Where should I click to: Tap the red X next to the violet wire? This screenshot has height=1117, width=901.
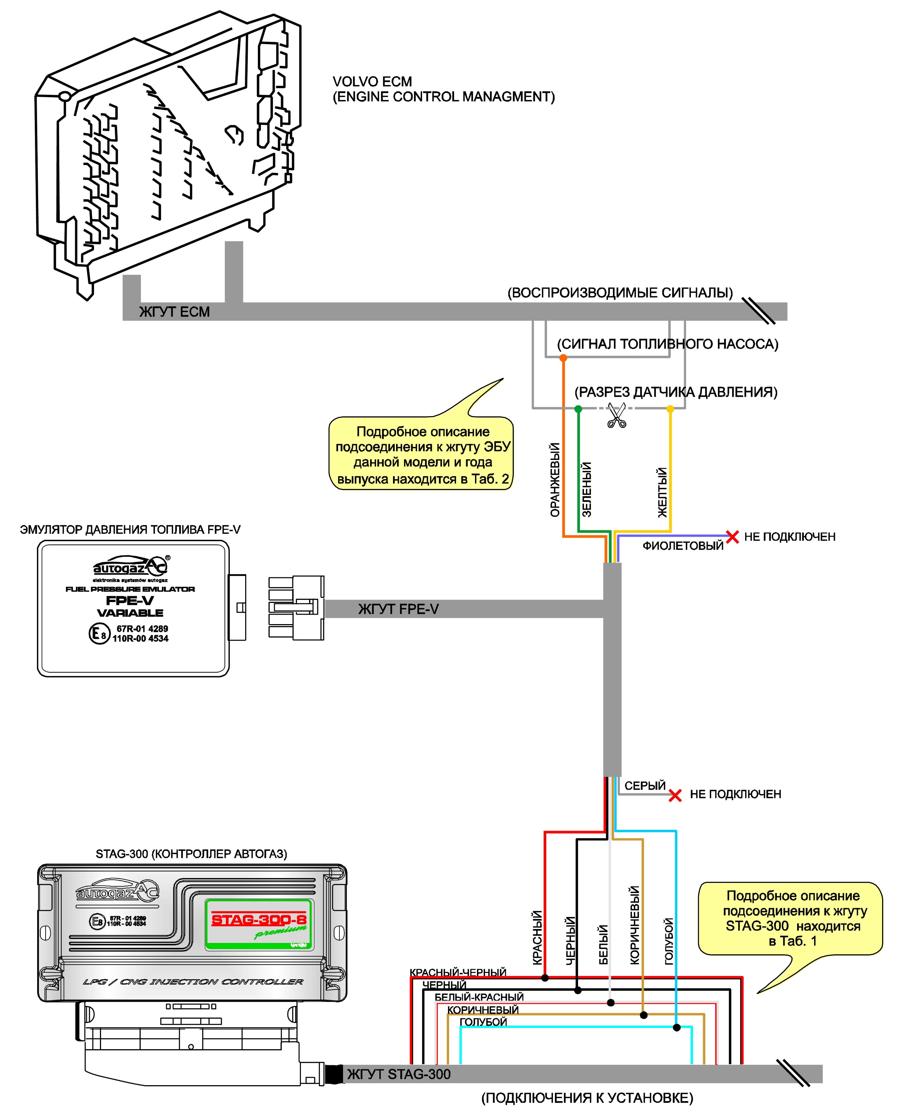pyautogui.click(x=732, y=537)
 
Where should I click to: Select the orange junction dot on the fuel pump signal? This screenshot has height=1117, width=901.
pyautogui.click(x=563, y=358)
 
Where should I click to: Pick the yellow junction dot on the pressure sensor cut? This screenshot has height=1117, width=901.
pyautogui.click(x=670, y=409)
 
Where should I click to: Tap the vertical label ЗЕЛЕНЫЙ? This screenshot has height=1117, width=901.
pyautogui.click(x=586, y=490)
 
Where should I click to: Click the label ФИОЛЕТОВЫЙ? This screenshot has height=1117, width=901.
pyautogui.click(x=683, y=546)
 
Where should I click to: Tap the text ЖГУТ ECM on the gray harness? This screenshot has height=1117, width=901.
pyautogui.click(x=174, y=312)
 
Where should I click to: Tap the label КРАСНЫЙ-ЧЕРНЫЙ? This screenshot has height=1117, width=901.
pyautogui.click(x=458, y=972)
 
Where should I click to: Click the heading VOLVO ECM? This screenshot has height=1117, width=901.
pyautogui.click(x=372, y=82)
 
